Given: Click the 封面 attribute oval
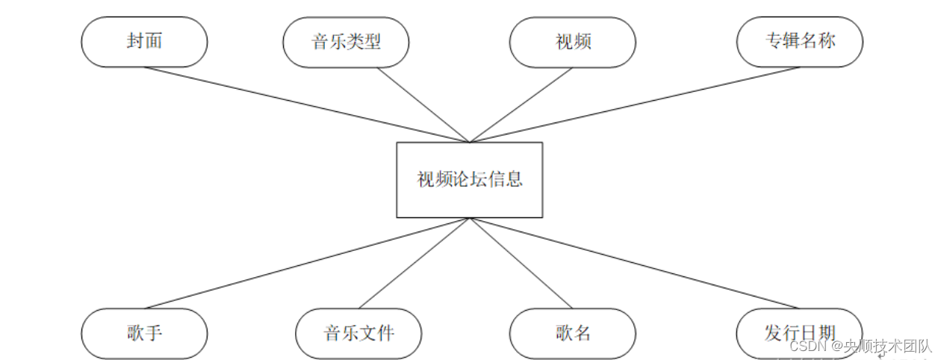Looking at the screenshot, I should click(x=144, y=41).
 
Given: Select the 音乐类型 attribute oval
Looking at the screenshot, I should click(x=346, y=41).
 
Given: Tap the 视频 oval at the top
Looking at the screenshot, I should click(x=573, y=42).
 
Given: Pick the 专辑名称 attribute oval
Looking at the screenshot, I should click(x=799, y=41).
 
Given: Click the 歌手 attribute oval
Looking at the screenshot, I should click(x=144, y=332).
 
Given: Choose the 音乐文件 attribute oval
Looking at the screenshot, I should click(x=358, y=333).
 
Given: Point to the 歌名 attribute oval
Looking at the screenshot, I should click(x=573, y=333).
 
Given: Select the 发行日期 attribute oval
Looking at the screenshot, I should click(x=799, y=333).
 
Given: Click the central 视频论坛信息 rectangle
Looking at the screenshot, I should click(x=469, y=180).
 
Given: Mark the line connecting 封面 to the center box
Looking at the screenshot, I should click(x=306, y=105).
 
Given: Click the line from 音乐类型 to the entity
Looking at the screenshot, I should click(x=423, y=105).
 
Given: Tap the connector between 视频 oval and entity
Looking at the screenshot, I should click(x=521, y=105).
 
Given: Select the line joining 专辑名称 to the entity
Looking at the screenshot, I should click(x=635, y=105).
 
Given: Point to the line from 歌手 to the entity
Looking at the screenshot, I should click(x=306, y=263).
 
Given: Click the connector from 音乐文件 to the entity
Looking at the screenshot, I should click(x=414, y=263).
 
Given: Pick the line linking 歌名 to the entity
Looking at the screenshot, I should click(x=521, y=263).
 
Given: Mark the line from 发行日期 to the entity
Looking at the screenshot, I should click(x=635, y=263).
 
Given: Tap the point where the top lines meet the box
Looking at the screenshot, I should click(x=470, y=142).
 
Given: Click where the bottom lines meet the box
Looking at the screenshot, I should click(x=470, y=218).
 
